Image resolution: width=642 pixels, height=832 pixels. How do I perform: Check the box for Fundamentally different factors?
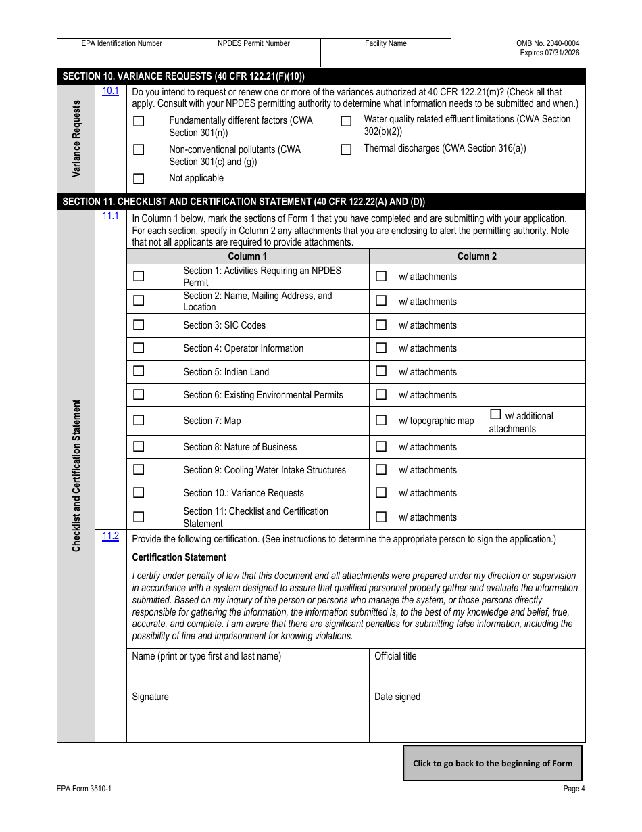click(x=139, y=122)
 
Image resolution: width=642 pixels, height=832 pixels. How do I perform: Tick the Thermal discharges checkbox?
click(x=346, y=149)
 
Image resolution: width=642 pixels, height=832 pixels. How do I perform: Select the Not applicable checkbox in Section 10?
click(x=139, y=179)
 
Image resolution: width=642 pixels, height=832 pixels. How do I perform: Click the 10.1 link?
click(x=110, y=91)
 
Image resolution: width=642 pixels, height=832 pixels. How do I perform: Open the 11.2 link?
click(x=110, y=536)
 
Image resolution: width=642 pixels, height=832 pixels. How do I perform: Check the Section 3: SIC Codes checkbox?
click(x=139, y=325)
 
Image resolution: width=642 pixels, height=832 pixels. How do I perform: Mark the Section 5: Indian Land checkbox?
click(x=139, y=371)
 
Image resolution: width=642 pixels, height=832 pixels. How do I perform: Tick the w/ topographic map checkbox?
click(x=381, y=420)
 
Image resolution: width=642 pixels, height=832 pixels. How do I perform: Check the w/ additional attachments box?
click(x=495, y=415)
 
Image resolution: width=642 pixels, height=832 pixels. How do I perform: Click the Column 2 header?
click(x=476, y=256)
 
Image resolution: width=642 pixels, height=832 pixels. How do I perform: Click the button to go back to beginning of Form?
click(x=492, y=763)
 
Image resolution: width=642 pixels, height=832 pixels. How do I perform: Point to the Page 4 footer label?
click(x=574, y=788)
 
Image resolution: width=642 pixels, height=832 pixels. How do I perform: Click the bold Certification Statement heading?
click(x=179, y=557)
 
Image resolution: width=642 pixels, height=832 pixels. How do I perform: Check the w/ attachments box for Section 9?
click(x=381, y=469)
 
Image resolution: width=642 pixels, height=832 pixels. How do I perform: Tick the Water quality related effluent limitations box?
click(x=346, y=122)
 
